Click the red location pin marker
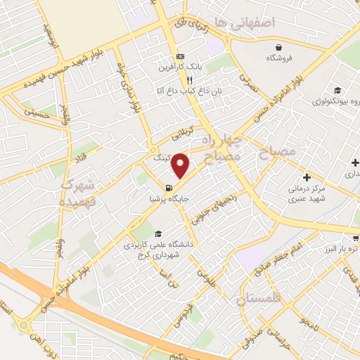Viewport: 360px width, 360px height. [x=181, y=165]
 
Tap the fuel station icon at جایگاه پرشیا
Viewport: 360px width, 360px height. [x=169, y=188]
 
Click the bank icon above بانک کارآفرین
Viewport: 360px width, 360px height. [x=181, y=56]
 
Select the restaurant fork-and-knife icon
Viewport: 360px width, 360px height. [x=181, y=79]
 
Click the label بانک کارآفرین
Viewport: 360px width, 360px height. [x=181, y=67]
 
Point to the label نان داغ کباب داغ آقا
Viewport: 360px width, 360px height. [x=181, y=91]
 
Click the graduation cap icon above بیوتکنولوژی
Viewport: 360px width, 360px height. [x=337, y=90]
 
